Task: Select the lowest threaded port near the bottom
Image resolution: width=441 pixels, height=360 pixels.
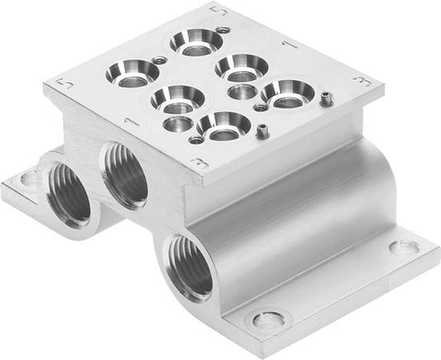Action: point(189,266)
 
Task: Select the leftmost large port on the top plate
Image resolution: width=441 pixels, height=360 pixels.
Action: point(132,75)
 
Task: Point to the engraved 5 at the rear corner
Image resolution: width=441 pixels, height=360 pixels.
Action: point(218,11)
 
